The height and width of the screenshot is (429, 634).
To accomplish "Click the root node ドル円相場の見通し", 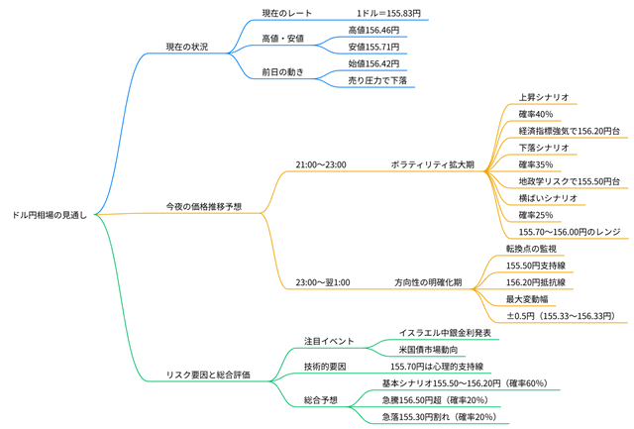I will pyautogui.click(x=50, y=213).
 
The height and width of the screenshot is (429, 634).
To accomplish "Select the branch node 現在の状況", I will pyautogui.click(x=186, y=47).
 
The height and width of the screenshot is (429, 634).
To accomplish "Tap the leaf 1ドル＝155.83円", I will pyautogui.click(x=388, y=14).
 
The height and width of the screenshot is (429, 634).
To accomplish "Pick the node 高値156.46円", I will pyautogui.click(x=373, y=31).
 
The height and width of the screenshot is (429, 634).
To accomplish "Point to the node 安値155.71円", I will pyautogui.click(x=373, y=47).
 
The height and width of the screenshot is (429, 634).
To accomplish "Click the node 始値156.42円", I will pyautogui.click(x=373, y=63).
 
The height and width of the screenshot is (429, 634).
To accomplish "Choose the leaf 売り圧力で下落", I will pyautogui.click(x=377, y=79).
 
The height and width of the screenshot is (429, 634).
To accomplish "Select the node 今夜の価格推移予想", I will pyautogui.click(x=203, y=205).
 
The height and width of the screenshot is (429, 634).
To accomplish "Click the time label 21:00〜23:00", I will pyautogui.click(x=321, y=163).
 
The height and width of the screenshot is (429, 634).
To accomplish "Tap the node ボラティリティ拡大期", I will pyautogui.click(x=431, y=163).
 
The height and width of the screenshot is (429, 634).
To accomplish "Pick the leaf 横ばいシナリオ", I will pyautogui.click(x=547, y=197).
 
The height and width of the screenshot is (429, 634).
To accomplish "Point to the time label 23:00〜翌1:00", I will pyautogui.click(x=323, y=282).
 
